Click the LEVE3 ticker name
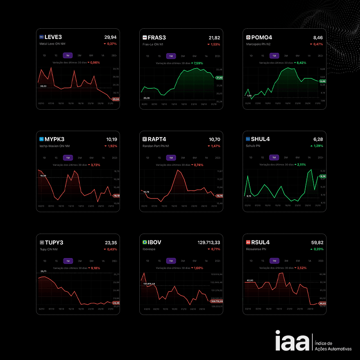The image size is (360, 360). pos(53,37)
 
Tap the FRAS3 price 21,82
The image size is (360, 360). pos(214,38)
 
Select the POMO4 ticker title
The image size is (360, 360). pos(263,37)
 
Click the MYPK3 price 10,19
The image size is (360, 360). pos(111,139)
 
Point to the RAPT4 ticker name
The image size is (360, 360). pos(159,139)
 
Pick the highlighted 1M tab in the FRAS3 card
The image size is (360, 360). pos(171,56)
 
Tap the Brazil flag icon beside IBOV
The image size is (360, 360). pos(145,242)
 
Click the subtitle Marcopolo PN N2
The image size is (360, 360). pos(261,44)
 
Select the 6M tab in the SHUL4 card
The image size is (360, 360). pos(297,158)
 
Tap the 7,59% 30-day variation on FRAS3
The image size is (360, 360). pos(198,63)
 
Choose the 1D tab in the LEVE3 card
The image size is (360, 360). pos(44,56)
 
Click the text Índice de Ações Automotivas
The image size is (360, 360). pos(333,346)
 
